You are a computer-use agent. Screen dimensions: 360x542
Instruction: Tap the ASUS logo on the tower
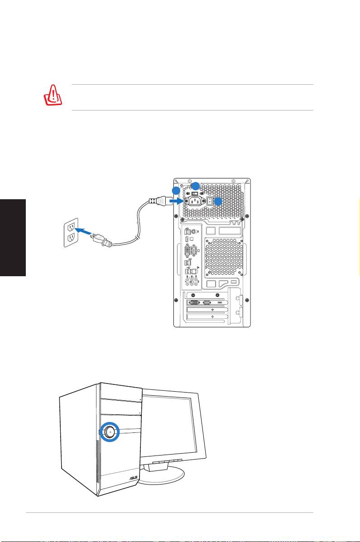pos(133,478)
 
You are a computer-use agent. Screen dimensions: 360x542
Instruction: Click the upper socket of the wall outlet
pos(71,227)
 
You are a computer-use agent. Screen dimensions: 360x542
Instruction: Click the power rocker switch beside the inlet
pos(209,201)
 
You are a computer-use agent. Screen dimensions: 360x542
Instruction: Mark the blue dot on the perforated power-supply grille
pos(218,201)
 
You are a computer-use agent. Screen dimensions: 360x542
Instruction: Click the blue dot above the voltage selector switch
pos(196,185)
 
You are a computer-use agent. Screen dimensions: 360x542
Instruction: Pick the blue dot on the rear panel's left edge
pos(176,190)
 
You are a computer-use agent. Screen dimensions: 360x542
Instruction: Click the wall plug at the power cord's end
pos(103,240)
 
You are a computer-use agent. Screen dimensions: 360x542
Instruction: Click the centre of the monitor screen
pos(169,427)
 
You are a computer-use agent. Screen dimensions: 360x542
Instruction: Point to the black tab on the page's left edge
pos(13,237)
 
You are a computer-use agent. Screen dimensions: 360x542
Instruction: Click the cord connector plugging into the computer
pos(158,201)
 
